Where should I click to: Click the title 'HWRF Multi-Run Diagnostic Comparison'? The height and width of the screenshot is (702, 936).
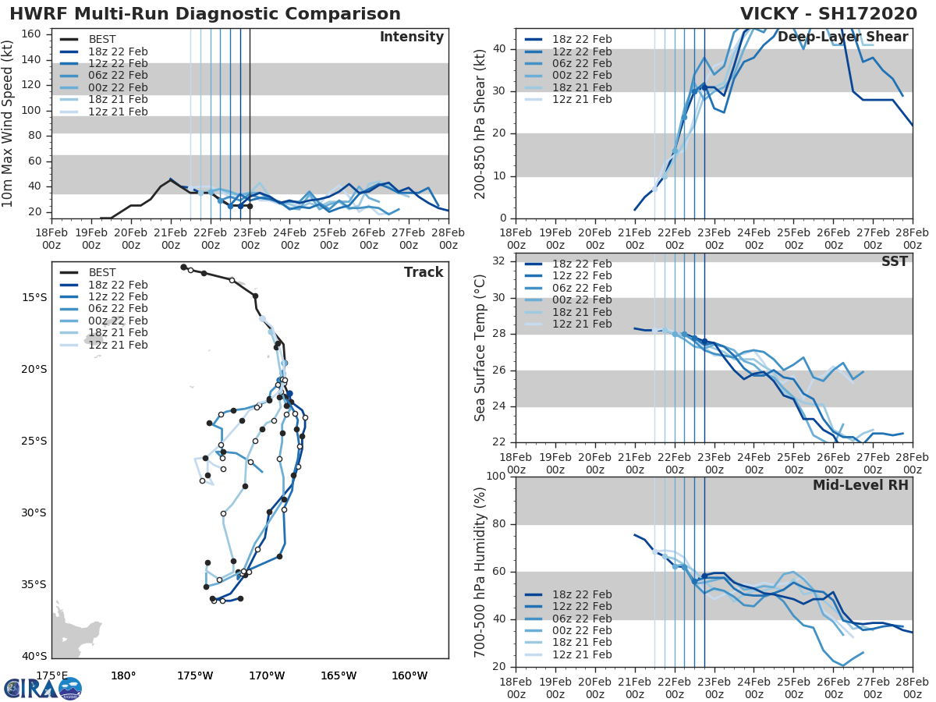[205, 14]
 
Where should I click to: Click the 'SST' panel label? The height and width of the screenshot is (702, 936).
[895, 262]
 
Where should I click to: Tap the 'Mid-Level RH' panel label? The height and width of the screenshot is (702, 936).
[860, 485]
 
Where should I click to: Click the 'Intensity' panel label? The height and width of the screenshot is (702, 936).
[411, 37]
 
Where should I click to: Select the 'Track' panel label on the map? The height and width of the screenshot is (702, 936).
[424, 272]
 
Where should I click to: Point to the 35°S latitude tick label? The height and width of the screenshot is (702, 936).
[34, 584]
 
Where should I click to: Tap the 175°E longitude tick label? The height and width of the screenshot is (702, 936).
[51, 675]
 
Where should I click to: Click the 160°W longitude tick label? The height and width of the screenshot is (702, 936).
[409, 675]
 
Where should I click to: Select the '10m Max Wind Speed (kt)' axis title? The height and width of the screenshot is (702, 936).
[9, 125]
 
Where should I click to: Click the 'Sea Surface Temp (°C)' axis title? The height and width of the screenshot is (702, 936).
[480, 347]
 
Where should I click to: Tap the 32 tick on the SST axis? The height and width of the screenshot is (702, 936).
[500, 261]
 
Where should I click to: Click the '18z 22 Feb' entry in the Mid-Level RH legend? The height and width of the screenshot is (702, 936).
[582, 594]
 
